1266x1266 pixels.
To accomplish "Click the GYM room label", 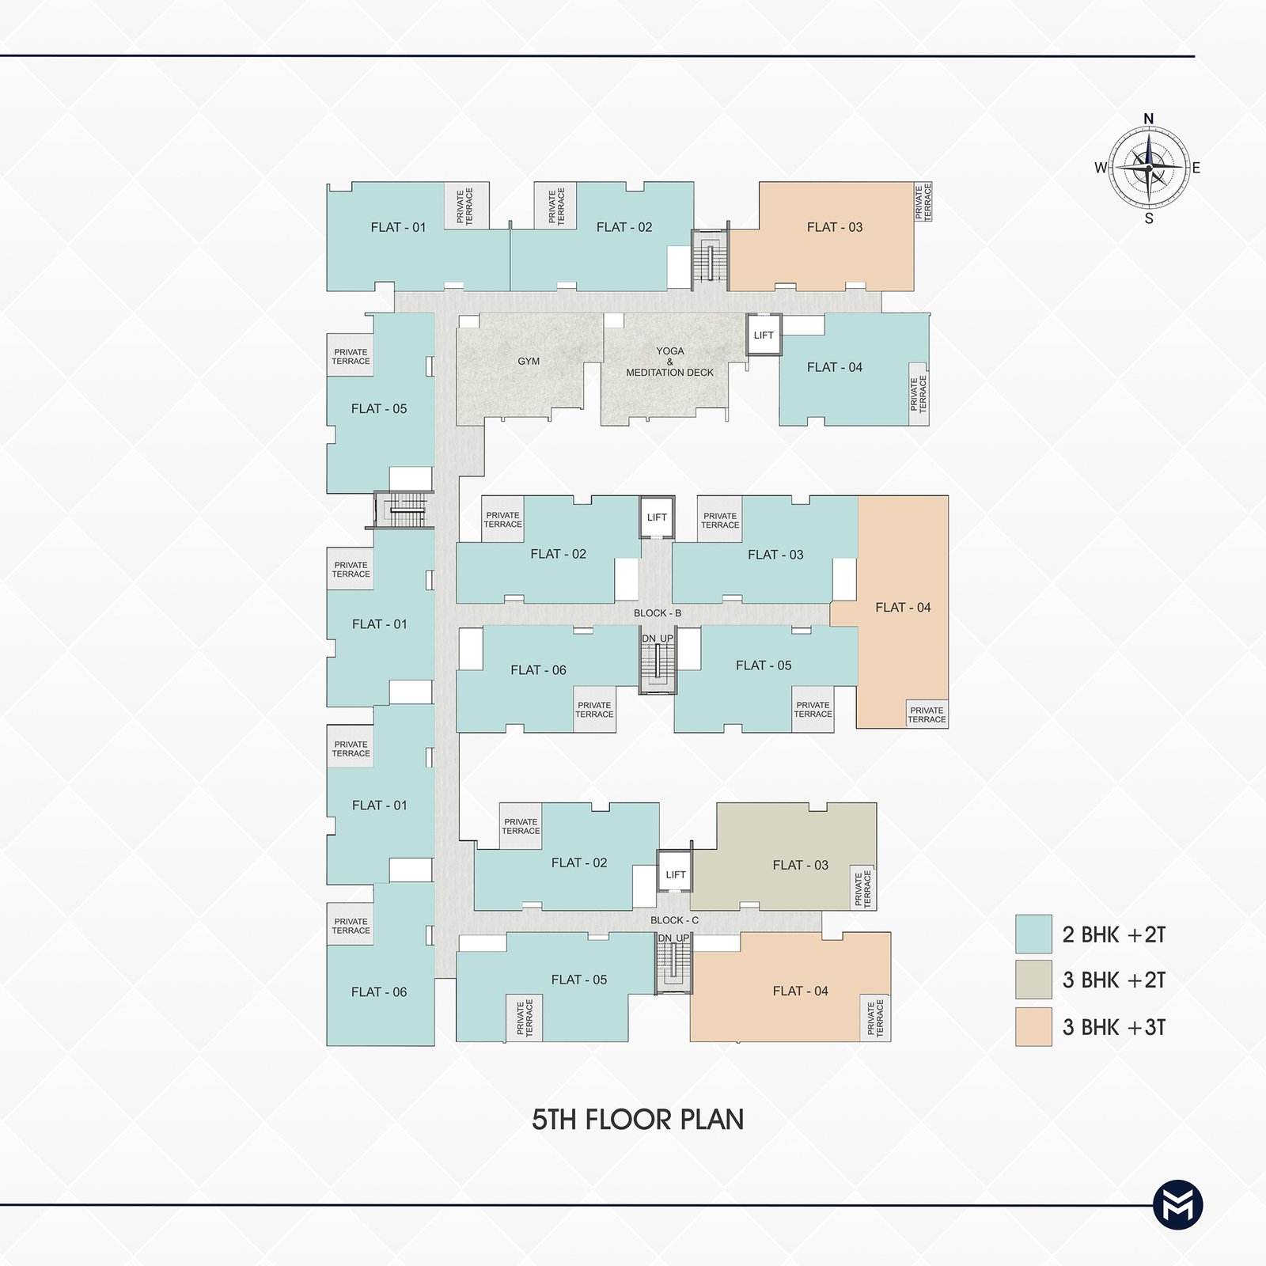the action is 529,362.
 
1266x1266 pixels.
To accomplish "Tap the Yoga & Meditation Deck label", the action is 669,362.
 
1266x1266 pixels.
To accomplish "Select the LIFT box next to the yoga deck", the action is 764,335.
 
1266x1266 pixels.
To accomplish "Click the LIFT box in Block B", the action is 657,517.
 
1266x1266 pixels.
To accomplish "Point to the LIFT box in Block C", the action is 675,874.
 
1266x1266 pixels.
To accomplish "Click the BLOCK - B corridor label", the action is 658,613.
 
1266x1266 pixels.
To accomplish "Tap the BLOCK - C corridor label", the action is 674,920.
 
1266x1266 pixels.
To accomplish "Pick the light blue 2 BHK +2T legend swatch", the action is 1033,934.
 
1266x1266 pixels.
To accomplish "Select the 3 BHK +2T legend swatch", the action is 1033,980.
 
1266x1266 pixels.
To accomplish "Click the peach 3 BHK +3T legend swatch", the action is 1033,1026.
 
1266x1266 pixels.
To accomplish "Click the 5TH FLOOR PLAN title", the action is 638,1120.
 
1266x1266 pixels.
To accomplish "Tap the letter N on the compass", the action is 1149,119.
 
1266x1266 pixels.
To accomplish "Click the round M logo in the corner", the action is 1178,1206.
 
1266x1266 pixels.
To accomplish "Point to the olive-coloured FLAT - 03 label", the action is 800,865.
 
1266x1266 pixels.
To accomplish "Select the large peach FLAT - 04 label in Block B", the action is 903,608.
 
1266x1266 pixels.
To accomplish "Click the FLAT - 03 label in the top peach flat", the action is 835,227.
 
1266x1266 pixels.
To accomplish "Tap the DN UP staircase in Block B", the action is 658,661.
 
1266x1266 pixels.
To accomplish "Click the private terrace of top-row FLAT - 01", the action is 466,206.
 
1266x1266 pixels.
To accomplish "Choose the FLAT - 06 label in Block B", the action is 538,670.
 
